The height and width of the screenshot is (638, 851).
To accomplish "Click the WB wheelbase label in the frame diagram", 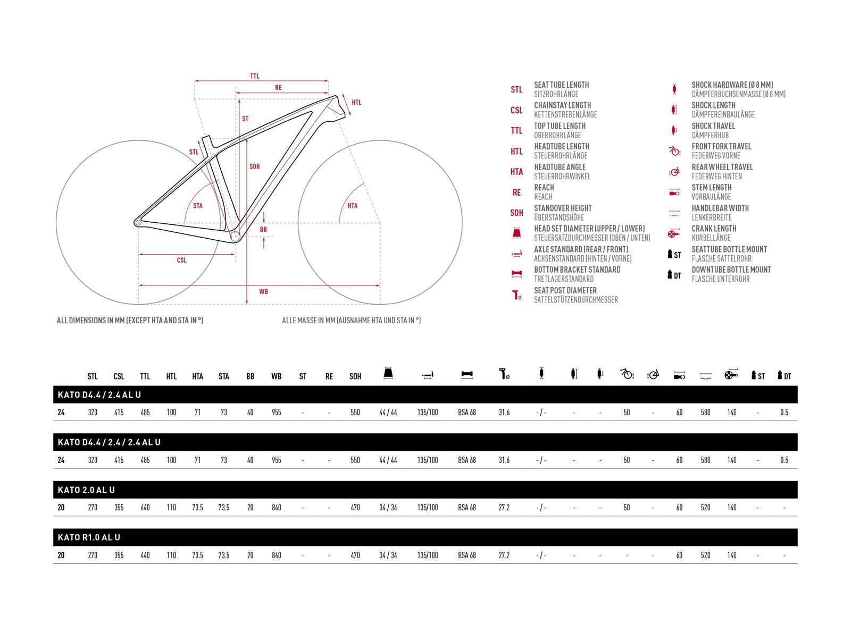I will (263, 291).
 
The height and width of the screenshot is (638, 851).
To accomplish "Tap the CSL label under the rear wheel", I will (182, 260).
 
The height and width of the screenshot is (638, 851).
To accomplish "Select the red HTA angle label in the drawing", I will (353, 206).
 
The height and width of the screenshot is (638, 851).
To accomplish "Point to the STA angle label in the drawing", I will (198, 206).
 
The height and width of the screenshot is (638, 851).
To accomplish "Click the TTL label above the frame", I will (255, 76).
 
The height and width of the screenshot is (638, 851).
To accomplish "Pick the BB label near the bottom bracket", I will (263, 229).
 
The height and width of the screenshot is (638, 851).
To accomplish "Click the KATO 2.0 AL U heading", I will (86, 490).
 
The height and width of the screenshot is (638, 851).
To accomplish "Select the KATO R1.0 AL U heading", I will (89, 537).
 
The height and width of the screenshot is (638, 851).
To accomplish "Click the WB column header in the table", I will (276, 376).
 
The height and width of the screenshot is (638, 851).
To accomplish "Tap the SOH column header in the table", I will (355, 376).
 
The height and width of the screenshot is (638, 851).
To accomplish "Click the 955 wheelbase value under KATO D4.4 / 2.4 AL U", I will (276, 412).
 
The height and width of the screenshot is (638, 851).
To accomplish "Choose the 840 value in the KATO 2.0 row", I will (276, 508).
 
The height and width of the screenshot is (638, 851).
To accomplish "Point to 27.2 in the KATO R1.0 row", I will (504, 555).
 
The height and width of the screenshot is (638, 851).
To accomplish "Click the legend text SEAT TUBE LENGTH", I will (561, 85).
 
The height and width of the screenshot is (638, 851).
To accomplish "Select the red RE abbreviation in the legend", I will (516, 192).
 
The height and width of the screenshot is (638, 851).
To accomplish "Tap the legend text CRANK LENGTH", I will (714, 229).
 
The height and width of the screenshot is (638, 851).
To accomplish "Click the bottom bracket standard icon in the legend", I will (516, 274).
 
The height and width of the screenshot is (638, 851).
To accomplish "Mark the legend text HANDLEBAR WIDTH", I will (720, 208).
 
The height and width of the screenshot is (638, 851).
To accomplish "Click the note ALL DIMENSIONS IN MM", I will (130, 321).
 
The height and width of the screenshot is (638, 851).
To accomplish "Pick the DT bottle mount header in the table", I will (784, 376).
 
